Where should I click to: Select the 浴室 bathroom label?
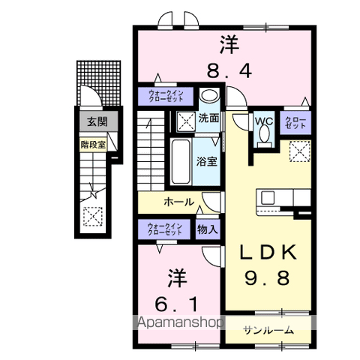(208, 160)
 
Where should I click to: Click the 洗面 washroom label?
(208, 118)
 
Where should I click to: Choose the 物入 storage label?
(208, 230)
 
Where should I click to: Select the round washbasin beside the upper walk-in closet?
(209, 96)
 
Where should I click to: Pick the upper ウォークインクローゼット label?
(165, 96)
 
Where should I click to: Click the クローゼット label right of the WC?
(294, 122)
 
